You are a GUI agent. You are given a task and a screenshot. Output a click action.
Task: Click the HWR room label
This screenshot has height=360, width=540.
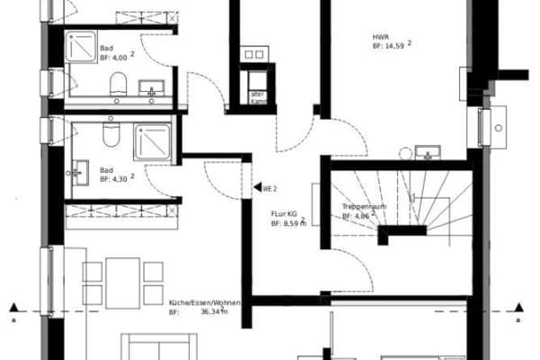tap(381, 37)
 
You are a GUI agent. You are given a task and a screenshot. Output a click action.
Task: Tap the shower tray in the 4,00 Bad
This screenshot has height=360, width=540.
tap(82, 47)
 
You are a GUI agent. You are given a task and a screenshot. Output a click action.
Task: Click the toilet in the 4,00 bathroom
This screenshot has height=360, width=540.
tap(118, 86)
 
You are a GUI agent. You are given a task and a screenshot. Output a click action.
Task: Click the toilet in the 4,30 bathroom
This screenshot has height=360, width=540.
tap(111, 136)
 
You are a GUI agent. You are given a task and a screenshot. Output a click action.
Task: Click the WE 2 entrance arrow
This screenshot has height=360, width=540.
tap(256, 189)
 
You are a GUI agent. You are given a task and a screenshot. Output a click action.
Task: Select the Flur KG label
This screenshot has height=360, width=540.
tap(285, 214)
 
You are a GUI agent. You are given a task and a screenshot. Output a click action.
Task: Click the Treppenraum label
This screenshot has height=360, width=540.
tap(362, 208)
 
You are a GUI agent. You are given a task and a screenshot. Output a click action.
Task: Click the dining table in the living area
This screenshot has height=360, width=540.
tap(122, 283)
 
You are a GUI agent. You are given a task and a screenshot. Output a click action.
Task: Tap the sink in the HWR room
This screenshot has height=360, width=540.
tap(426, 150)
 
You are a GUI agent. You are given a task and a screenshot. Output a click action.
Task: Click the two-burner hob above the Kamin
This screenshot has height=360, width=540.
tap(254, 55)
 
